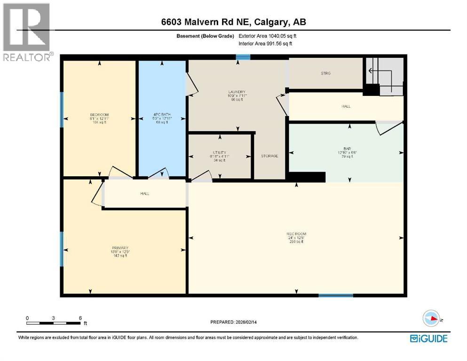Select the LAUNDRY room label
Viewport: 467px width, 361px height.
[237, 92]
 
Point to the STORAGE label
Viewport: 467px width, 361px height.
[269, 156]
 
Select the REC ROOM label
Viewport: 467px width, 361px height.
[297, 234]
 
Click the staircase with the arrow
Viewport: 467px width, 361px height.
[384, 75]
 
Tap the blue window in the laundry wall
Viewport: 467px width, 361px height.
[243, 57]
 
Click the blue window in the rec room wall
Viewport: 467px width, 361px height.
[335, 295]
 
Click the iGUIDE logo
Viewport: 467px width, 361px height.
[428, 338]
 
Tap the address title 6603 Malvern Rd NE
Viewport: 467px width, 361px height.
[233, 22]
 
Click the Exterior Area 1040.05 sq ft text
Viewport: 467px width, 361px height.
[268, 36]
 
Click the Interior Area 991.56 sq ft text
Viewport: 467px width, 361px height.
[266, 43]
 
